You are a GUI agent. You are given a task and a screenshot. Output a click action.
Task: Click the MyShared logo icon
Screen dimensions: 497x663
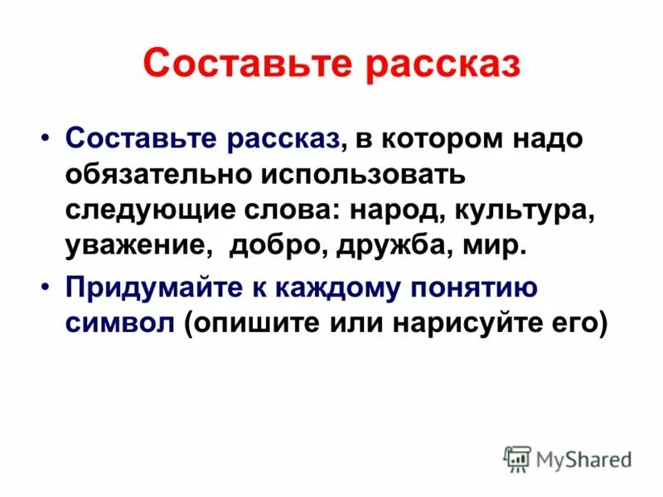click(x=517, y=459)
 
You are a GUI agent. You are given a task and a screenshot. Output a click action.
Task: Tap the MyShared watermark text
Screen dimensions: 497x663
click(x=584, y=459)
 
